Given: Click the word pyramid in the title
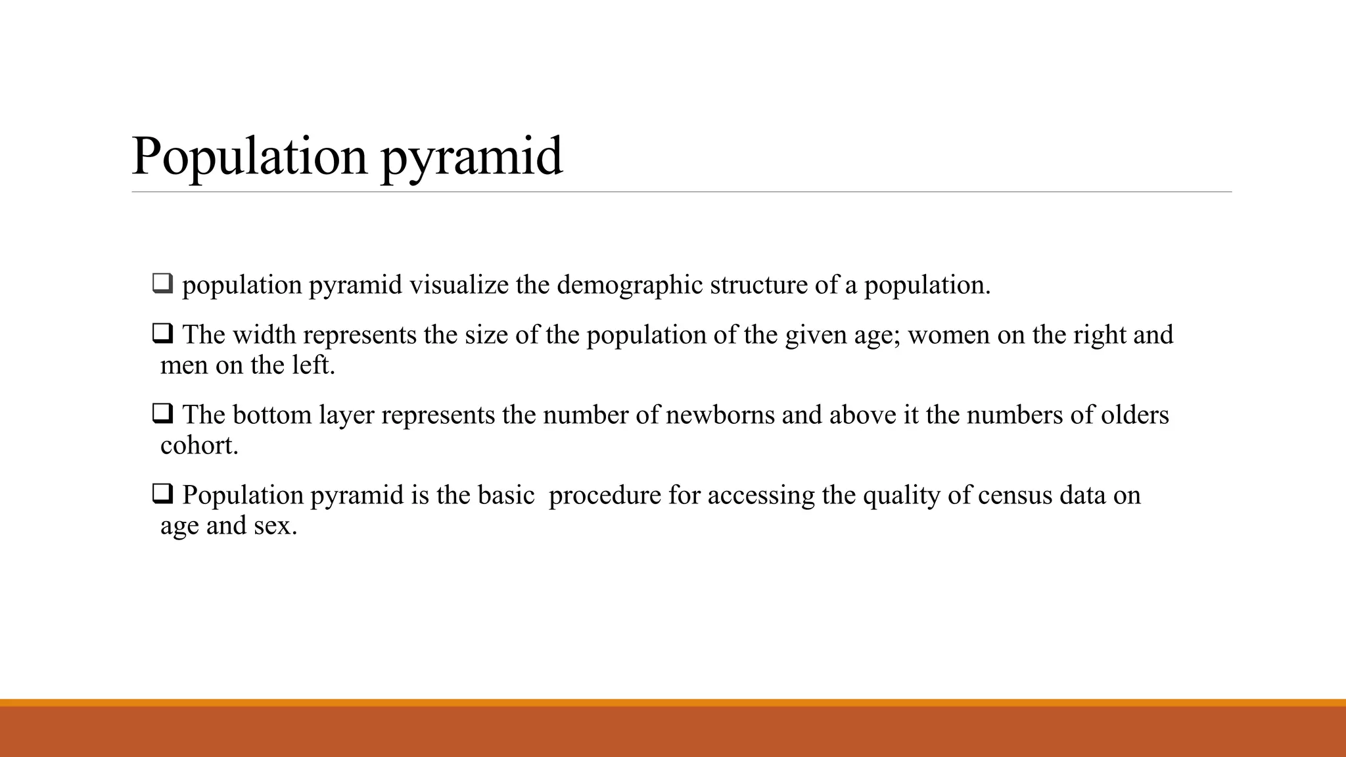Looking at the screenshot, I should (x=471, y=158).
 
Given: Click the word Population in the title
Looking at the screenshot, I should (x=250, y=158).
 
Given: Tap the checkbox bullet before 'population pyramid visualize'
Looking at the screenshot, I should (x=162, y=284).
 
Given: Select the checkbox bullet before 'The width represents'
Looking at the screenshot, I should (x=162, y=334).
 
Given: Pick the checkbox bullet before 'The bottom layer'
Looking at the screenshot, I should (x=162, y=414).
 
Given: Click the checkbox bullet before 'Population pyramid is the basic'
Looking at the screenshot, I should (x=162, y=493).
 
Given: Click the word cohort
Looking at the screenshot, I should (x=198, y=446).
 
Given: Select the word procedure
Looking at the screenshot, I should (x=605, y=495).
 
